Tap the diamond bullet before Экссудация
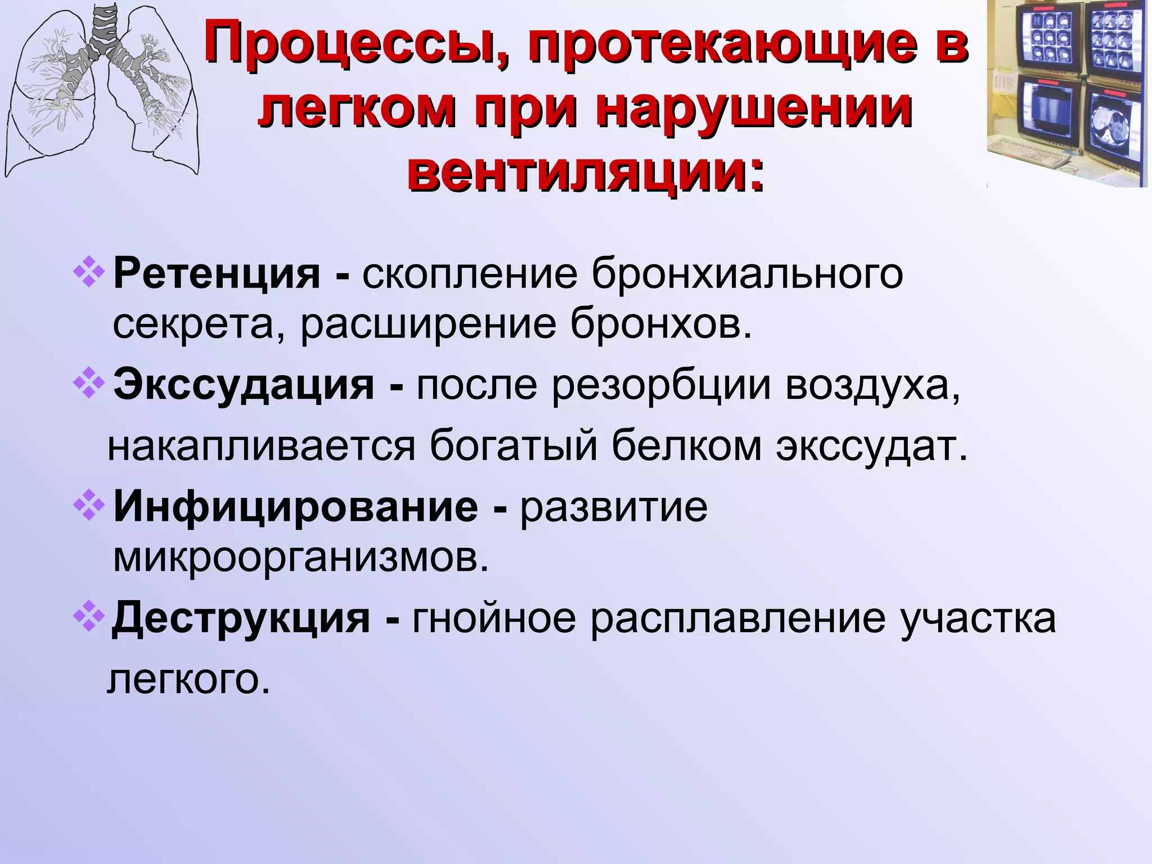tap(89, 384)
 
